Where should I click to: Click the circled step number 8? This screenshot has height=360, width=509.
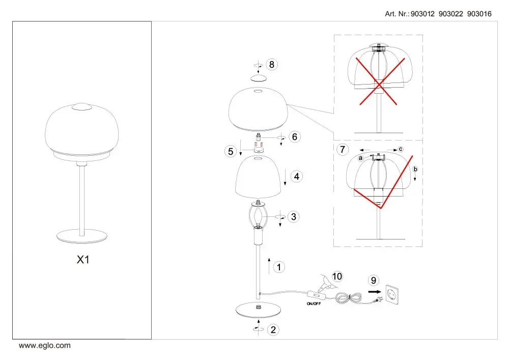click(x=272, y=65)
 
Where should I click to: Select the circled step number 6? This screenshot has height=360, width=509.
click(x=294, y=136)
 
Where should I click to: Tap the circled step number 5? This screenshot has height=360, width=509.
click(x=231, y=151)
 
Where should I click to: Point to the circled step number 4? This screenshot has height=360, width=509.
click(x=296, y=177)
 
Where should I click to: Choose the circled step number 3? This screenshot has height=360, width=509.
click(x=294, y=216)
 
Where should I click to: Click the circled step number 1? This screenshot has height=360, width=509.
click(x=279, y=267)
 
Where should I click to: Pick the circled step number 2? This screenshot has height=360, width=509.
click(x=273, y=330)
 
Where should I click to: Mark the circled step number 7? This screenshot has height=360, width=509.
click(x=343, y=150)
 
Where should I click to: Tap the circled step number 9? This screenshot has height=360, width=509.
click(x=373, y=281)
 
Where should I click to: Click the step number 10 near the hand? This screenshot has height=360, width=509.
click(x=337, y=276)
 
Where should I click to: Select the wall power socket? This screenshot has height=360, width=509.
click(x=391, y=294)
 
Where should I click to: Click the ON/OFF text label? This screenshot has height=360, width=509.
click(x=314, y=304)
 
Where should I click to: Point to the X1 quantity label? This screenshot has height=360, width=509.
click(x=83, y=259)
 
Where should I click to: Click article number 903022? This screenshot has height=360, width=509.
click(x=450, y=14)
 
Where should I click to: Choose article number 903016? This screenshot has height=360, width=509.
click(x=479, y=14)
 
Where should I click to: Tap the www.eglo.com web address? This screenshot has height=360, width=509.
click(x=44, y=345)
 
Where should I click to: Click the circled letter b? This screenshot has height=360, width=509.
click(x=415, y=169)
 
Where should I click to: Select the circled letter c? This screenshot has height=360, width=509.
click(x=401, y=149)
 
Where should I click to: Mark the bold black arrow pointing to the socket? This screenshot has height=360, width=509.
click(x=375, y=292)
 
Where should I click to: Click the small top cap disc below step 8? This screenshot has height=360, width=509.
click(x=259, y=78)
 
